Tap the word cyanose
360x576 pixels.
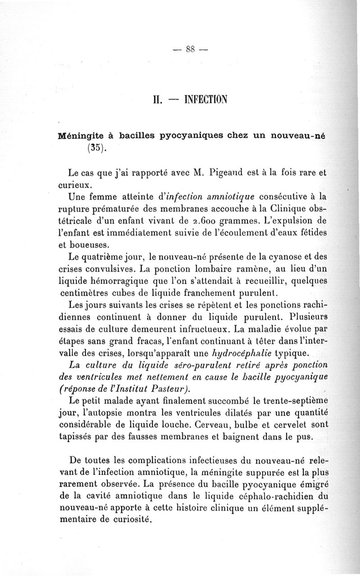264,258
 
